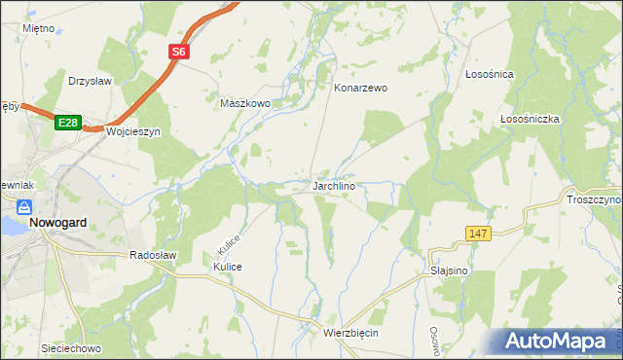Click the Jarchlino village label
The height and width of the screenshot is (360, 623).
pos(339,185)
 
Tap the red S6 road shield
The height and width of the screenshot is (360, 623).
pos(179,54)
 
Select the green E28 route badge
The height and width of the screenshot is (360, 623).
pos(66,123)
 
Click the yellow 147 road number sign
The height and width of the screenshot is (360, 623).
pos(477,233)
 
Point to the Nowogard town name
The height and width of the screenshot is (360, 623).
pos(57,222)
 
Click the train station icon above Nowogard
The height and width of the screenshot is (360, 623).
pos(24,207)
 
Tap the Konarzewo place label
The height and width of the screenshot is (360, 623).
pos(361,88)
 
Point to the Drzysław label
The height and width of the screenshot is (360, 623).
pos(92,81)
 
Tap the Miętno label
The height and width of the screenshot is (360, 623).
pos(38,29)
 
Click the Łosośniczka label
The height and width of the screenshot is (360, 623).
pos(529,119)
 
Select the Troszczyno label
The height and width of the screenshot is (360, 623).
pos(593,199)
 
